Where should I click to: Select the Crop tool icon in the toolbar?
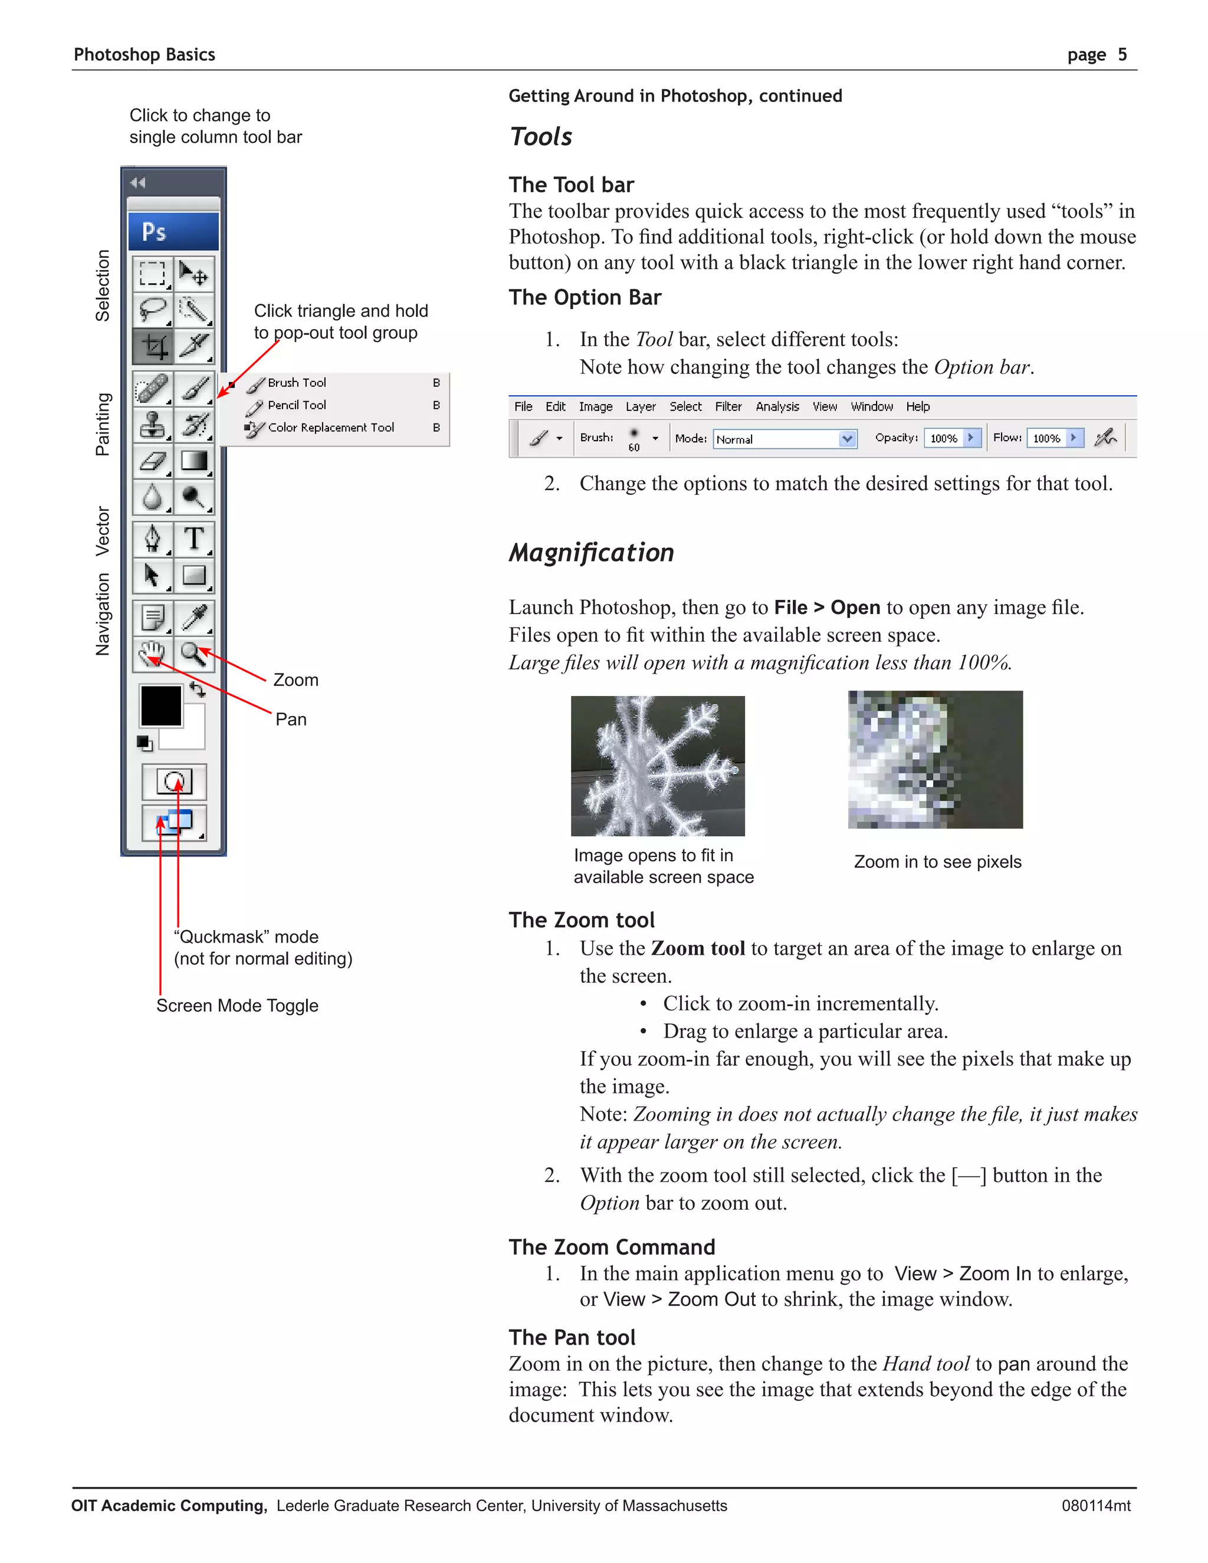152,346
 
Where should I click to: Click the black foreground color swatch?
161,705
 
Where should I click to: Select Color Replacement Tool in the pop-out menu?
331,427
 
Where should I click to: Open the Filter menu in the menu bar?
728,406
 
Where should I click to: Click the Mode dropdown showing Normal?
784,439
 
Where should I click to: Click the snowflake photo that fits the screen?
658,766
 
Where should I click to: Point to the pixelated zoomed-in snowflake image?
935,759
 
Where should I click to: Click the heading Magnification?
591,553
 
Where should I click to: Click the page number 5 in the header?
1122,54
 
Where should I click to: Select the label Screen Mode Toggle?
237,1006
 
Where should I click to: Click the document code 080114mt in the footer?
1096,1506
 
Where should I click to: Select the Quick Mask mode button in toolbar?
174,781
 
